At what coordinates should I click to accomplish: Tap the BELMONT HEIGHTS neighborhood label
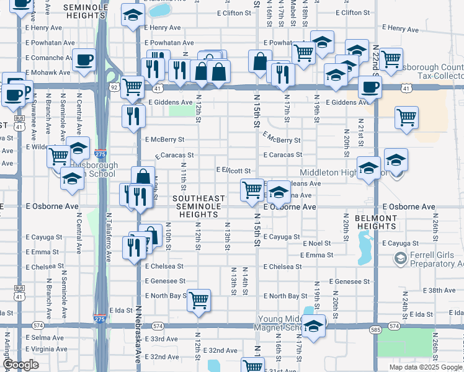tap(375, 223)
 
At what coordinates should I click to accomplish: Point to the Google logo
tap(21, 365)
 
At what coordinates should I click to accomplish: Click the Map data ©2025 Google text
tap(426, 367)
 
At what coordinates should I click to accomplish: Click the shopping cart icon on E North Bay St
tap(199, 301)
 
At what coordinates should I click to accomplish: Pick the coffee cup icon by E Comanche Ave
tap(84, 60)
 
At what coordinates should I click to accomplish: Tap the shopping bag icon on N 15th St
tap(259, 61)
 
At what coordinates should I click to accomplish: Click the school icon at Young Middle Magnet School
tap(314, 326)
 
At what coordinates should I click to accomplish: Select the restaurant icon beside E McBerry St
tap(133, 116)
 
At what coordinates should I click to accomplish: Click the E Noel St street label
tap(318, 244)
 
